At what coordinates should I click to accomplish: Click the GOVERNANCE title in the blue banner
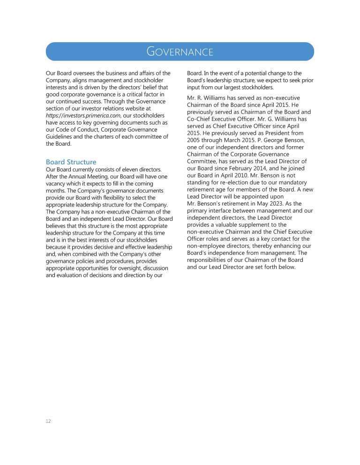pyautogui.click(x=180, y=52)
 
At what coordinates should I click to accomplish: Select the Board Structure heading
pyautogui.click(x=71, y=162)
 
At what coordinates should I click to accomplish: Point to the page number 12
pyautogui.click(x=48, y=421)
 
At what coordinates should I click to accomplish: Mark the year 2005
pyautogui.click(x=194, y=140)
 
